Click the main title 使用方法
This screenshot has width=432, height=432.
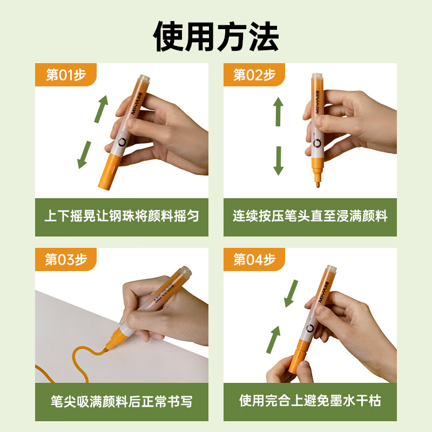click(x=216, y=36)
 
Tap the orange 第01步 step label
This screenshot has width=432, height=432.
click(x=65, y=75)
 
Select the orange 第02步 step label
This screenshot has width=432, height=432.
click(x=254, y=75)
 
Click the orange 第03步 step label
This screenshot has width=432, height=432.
click(x=65, y=259)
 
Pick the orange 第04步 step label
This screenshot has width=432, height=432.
click(x=254, y=259)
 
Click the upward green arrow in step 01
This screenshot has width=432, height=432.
click(x=101, y=109)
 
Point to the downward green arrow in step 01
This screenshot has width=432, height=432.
click(x=84, y=154)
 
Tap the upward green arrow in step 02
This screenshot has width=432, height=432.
click(x=278, y=112)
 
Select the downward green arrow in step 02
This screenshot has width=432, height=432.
click(x=278, y=160)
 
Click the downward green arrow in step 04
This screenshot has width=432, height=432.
click(x=291, y=293)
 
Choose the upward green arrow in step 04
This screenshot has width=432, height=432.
click(x=273, y=340)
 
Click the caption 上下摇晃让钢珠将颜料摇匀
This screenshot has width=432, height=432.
click(x=122, y=215)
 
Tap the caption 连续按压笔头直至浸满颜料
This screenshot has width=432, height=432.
click(x=310, y=215)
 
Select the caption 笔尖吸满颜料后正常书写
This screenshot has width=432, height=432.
click(x=122, y=401)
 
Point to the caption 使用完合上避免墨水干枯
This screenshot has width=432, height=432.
click(x=310, y=401)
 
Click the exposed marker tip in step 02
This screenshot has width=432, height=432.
click(x=318, y=182)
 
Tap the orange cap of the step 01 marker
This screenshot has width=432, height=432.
click(x=109, y=171)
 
